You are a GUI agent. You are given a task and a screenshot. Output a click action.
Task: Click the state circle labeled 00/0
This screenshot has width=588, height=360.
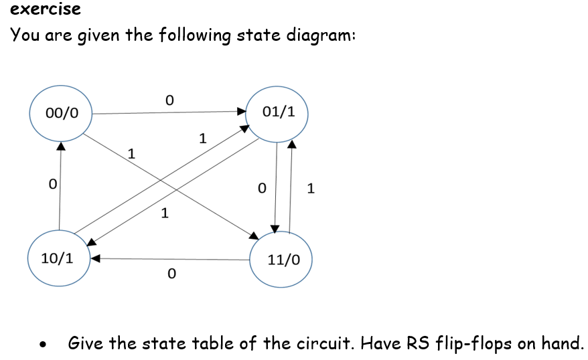pyautogui.click(x=61, y=113)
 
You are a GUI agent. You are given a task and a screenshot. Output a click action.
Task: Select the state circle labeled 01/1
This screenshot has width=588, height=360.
pyautogui.click(x=278, y=112)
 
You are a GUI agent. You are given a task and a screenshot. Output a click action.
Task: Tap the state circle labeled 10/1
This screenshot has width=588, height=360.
pyautogui.click(x=58, y=258)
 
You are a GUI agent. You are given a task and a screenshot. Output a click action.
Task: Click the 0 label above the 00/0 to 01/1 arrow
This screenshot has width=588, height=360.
pyautogui.click(x=169, y=100)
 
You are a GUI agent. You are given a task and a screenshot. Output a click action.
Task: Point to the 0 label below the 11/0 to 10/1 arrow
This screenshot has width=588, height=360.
pyautogui.click(x=171, y=274)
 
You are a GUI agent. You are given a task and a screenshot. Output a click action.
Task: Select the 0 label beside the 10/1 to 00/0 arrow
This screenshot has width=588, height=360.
pyautogui.click(x=52, y=183)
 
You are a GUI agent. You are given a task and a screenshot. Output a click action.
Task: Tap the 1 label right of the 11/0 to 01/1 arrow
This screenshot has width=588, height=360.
pyautogui.click(x=309, y=188)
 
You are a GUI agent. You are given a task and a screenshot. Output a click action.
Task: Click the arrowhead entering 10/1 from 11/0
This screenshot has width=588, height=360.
pyautogui.click(x=95, y=258)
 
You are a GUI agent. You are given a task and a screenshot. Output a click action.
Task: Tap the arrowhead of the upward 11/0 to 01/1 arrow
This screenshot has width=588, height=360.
pyautogui.click(x=291, y=143)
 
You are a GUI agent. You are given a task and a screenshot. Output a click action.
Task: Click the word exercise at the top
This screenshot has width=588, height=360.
pyautogui.click(x=46, y=9)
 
